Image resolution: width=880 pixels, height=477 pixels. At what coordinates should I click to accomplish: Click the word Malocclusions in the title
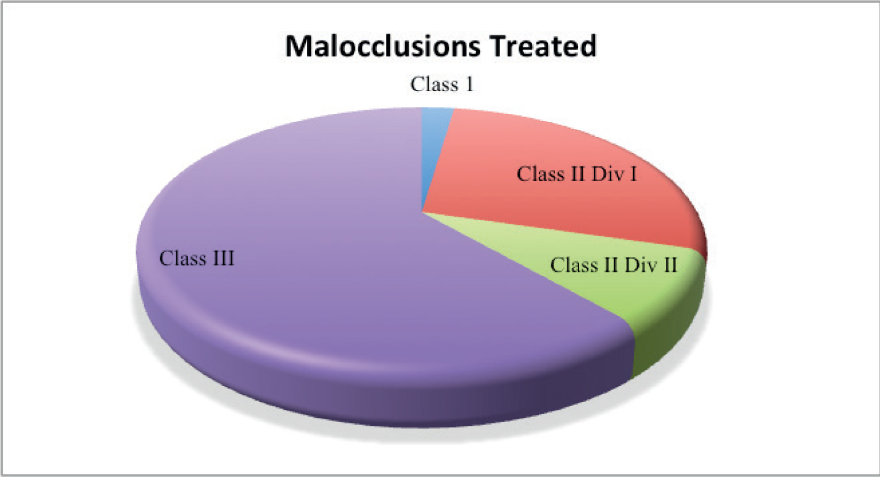(382, 47)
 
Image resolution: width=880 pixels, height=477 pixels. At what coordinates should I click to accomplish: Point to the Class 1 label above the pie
(442, 84)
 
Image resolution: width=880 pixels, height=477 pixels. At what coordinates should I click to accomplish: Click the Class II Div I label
(577, 174)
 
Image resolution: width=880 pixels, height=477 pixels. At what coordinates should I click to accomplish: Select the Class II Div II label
(614, 265)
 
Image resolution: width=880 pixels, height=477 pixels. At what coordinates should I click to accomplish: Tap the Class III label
(197, 258)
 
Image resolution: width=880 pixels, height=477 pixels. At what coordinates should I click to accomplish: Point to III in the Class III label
(221, 258)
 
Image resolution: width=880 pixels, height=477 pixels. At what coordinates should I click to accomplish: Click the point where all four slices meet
(422, 213)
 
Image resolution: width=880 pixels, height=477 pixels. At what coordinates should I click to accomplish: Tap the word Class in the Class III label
(181, 258)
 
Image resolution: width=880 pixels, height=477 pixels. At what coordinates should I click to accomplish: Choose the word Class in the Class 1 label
(435, 84)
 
